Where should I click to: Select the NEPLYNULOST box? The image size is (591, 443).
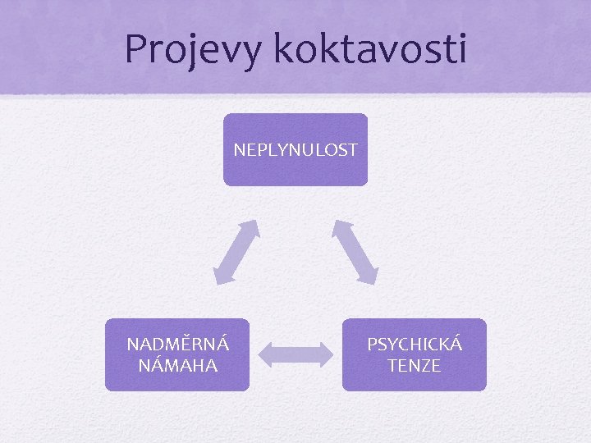(x=295, y=149)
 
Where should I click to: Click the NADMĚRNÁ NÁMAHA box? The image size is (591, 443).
(x=176, y=354)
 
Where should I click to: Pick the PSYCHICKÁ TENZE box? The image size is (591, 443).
(x=415, y=354)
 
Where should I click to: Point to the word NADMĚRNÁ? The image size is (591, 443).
(x=177, y=345)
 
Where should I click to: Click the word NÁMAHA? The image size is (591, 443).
(x=177, y=365)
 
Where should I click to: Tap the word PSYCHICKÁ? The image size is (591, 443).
(x=415, y=345)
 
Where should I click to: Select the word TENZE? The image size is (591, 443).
(x=415, y=365)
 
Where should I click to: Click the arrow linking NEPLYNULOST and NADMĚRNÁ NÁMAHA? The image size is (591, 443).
(x=236, y=252)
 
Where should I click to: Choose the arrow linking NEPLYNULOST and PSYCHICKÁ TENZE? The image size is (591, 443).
(x=355, y=252)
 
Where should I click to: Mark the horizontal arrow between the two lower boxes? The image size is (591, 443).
(x=295, y=354)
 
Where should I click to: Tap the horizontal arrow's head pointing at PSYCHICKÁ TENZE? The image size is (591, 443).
(x=326, y=354)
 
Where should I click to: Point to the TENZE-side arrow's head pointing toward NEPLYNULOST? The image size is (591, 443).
(x=340, y=227)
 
